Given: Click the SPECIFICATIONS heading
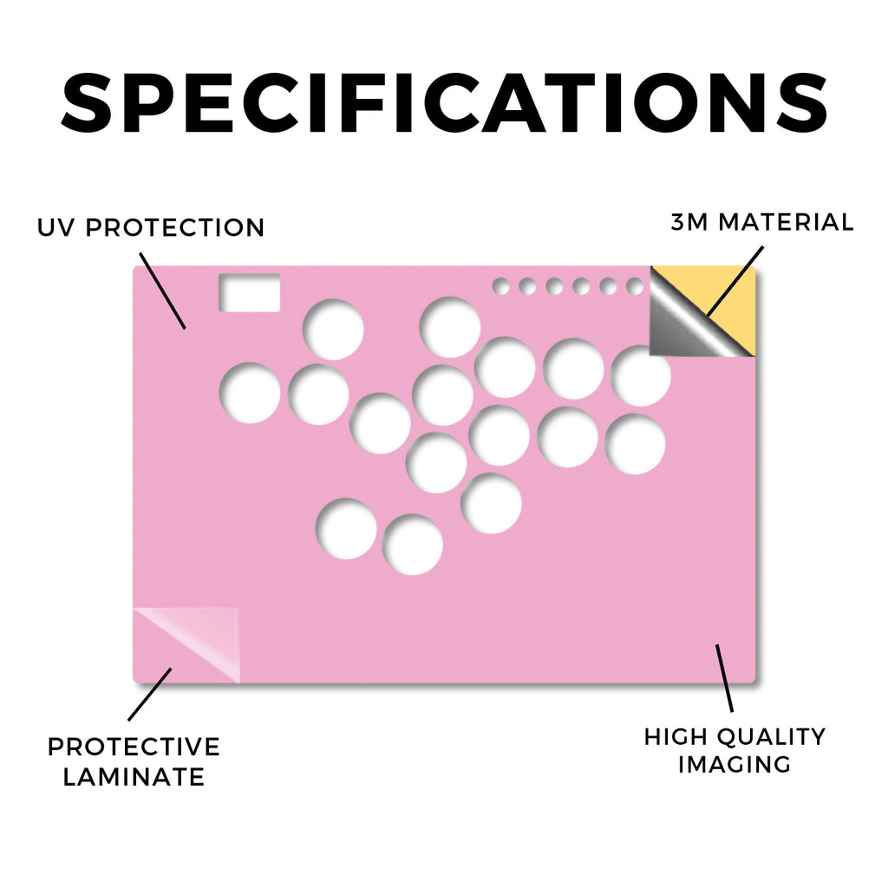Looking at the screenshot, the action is (x=444, y=103).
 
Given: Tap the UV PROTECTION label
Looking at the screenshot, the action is (x=151, y=228).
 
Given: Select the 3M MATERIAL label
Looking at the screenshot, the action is (x=761, y=222).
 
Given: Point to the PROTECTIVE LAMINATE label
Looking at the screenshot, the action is (x=134, y=761).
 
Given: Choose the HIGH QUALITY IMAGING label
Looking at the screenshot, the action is (x=735, y=750).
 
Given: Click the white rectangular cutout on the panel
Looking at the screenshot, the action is (x=250, y=292).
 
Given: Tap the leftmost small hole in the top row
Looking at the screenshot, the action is (x=500, y=286).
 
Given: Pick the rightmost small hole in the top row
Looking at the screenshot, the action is (x=635, y=286).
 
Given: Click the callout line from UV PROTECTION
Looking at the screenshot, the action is (x=162, y=291).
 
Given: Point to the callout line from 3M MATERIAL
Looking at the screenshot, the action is (x=735, y=281).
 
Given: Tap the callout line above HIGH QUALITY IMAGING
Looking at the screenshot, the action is (x=724, y=678).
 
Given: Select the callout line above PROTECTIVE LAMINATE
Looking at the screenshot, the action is (x=149, y=695).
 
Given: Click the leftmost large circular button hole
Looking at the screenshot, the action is (x=250, y=393).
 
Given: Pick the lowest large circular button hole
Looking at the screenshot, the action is (x=412, y=545).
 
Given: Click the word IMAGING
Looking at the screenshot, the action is (x=735, y=765).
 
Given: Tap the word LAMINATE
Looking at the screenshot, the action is (x=134, y=776).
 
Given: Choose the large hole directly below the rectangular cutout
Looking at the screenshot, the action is (x=250, y=393).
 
